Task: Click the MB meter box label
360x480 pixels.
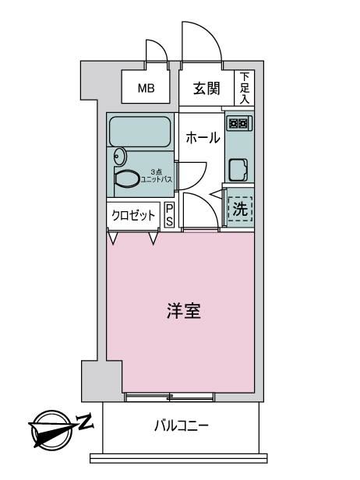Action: click(x=146, y=89)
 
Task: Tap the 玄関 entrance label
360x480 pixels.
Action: click(x=206, y=89)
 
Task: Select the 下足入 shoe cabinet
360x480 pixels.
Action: click(x=245, y=88)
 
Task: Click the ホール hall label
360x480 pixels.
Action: click(x=203, y=138)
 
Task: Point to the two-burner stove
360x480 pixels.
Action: click(x=238, y=123)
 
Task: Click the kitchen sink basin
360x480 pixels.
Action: click(x=238, y=170)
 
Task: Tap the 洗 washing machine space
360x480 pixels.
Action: click(x=240, y=209)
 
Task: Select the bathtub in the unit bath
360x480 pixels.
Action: click(x=139, y=131)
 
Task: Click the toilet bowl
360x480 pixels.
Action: click(x=126, y=178)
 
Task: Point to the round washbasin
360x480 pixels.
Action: click(x=119, y=157)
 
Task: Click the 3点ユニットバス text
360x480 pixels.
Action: click(x=156, y=176)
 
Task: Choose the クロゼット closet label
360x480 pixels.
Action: click(x=133, y=215)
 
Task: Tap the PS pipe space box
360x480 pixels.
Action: click(x=169, y=215)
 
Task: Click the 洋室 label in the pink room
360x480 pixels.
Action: click(x=184, y=311)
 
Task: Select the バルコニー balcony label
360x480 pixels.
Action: click(x=182, y=425)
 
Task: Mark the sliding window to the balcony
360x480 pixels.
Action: click(x=169, y=397)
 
